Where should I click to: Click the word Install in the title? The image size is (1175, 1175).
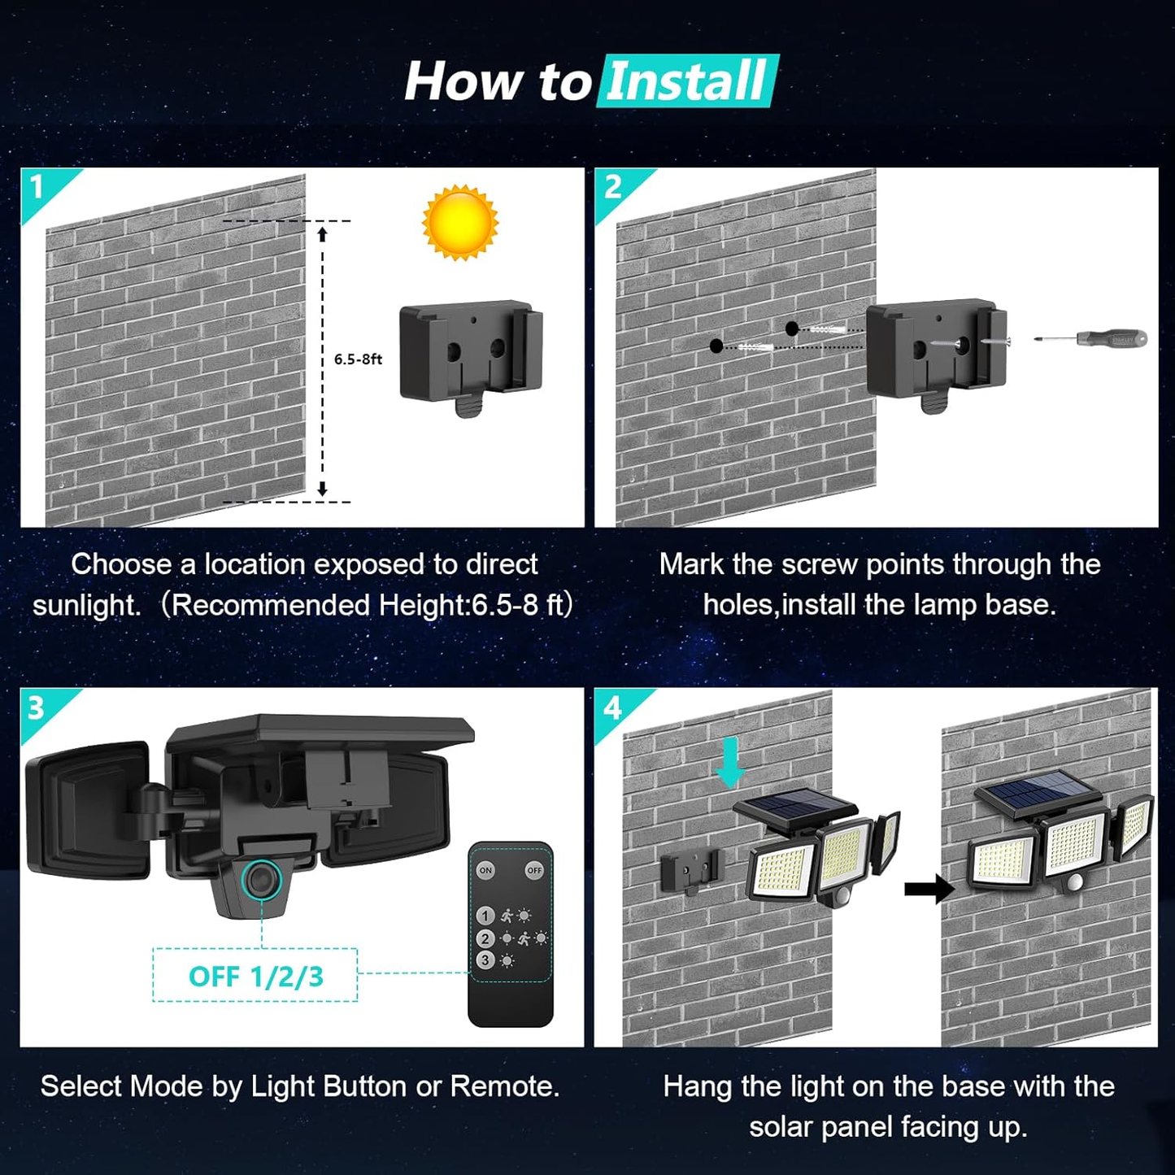687,81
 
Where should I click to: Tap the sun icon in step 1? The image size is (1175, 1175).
460,222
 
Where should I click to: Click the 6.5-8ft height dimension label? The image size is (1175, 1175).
358,359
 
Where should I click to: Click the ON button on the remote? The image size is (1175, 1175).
485,870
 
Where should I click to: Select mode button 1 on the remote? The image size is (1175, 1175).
485,916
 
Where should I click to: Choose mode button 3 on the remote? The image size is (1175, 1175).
485,960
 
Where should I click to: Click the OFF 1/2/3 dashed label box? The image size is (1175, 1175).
255,976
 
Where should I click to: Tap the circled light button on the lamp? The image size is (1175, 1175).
262,880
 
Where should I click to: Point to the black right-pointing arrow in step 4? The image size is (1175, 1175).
929,889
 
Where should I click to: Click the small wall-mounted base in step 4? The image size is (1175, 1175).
690,871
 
